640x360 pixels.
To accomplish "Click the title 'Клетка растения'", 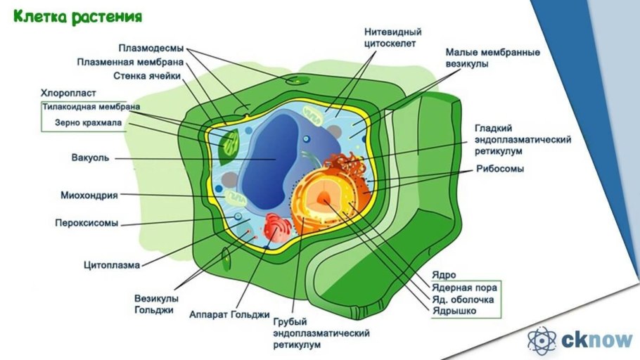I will tap(77, 16).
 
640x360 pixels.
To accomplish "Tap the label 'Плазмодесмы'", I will tap(151, 49).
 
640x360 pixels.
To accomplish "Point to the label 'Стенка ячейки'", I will tap(148, 76).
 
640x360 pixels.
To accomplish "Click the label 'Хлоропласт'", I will tap(68, 92).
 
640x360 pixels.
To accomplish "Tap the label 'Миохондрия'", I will tap(89, 195).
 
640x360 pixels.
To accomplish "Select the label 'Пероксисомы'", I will tap(87, 223).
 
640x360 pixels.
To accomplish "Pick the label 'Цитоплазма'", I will tap(112, 266).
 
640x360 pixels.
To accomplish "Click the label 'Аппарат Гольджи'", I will tap(229, 314).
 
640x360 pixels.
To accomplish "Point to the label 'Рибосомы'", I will tap(500, 169).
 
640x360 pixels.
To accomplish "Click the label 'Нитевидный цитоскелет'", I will tap(390, 37).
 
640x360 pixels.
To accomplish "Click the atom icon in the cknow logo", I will tap(542, 340).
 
